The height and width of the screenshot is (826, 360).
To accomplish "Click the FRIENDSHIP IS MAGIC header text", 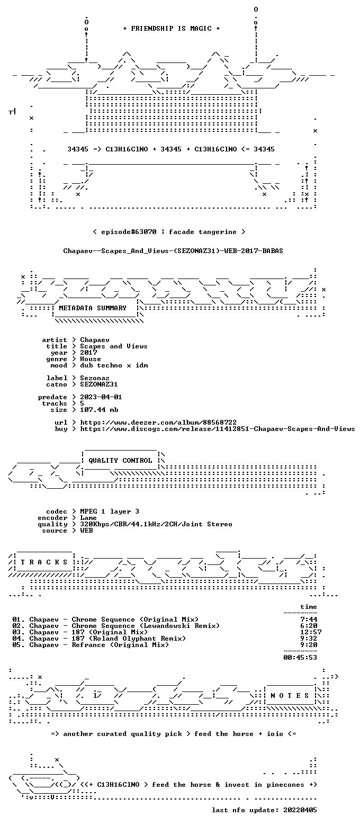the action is (x=172, y=29).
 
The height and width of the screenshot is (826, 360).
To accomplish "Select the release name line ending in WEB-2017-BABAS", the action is (x=173, y=251).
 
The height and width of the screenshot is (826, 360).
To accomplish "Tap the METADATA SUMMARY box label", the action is (x=93, y=308).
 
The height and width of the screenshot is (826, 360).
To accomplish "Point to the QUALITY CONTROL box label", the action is (x=120, y=461).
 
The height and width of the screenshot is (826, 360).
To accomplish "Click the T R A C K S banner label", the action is (x=44, y=562).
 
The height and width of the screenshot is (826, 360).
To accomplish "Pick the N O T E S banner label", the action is (x=290, y=696).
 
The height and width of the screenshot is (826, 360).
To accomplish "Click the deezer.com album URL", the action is (x=158, y=423).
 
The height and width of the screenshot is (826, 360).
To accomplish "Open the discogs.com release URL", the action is (x=217, y=429).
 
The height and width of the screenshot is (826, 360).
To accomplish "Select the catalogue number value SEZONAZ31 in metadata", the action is (x=99, y=384).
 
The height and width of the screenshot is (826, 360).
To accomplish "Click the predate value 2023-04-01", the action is (x=101, y=397).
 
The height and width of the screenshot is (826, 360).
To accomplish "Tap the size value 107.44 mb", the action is (x=99, y=410).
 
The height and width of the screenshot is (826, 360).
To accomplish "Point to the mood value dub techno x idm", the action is (x=114, y=365).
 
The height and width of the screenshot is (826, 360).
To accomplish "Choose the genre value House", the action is (x=91, y=359).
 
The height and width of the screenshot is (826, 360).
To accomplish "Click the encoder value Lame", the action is (x=88, y=518).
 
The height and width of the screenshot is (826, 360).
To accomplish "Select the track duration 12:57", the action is (x=311, y=632).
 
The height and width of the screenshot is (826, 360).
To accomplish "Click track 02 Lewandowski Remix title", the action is (x=146, y=626).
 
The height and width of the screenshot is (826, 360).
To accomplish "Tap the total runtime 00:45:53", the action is (x=300, y=658).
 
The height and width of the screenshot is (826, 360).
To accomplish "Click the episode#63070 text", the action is (x=129, y=232).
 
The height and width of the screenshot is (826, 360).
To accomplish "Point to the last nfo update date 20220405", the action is (x=300, y=810).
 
